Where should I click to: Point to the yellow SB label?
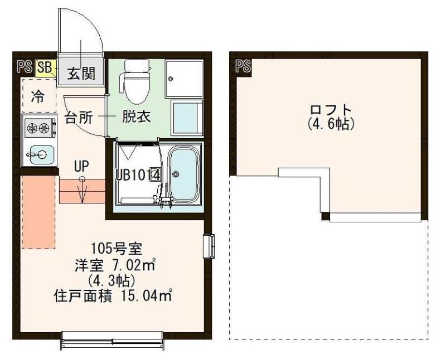[x=45, y=67]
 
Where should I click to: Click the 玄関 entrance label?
[x=80, y=72]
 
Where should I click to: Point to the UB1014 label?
[x=138, y=174]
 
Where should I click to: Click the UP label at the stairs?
[x=82, y=166]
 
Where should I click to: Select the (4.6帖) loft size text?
[x=331, y=124]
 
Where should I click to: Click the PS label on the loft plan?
[x=243, y=67]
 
